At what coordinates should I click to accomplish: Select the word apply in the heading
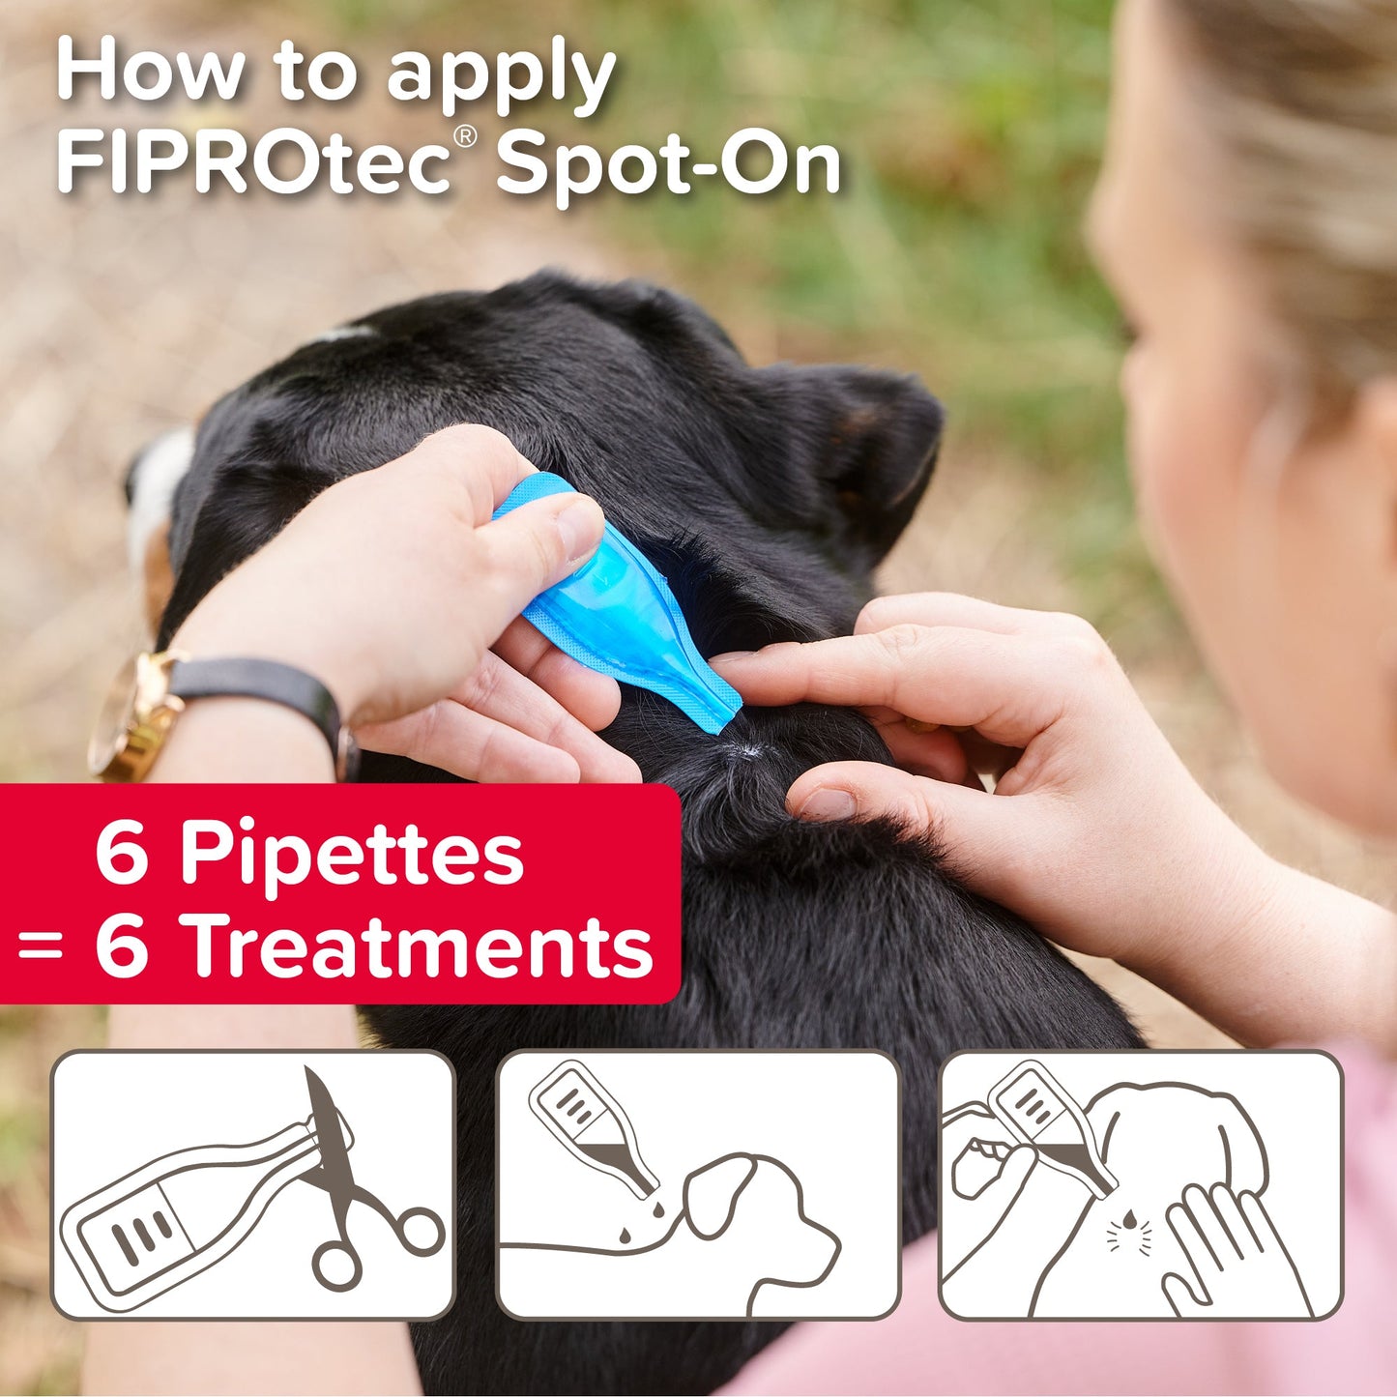pyautogui.click(x=502, y=75)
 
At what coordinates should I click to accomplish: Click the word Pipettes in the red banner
pyautogui.click(x=352, y=854)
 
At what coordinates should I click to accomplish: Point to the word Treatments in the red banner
pyautogui.click(x=421, y=946)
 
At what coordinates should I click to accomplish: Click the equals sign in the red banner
pyautogui.click(x=41, y=948)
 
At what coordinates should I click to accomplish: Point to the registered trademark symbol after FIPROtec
pyautogui.click(x=465, y=137)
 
